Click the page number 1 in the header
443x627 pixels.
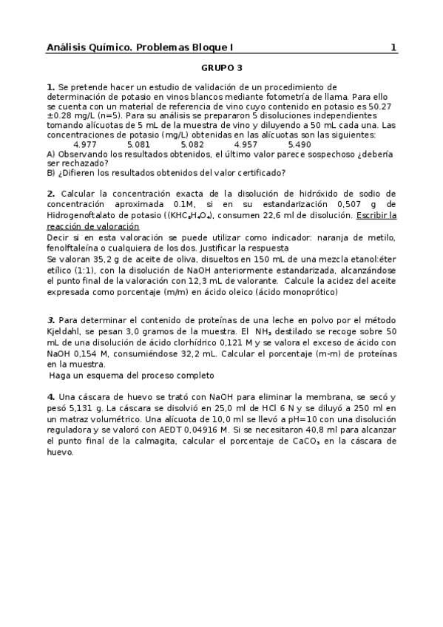(393, 47)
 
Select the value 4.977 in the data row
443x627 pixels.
(85, 144)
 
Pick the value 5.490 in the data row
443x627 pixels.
(300, 144)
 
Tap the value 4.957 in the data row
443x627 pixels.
(246, 144)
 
